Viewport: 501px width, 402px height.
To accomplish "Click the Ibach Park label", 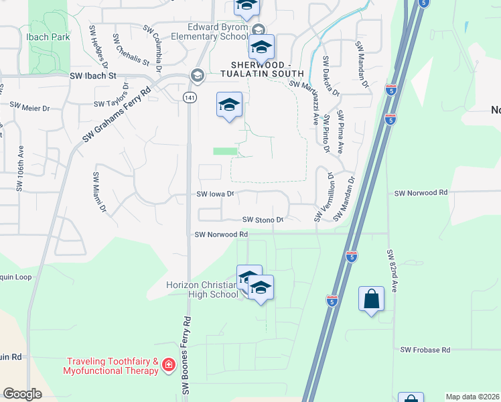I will coord(48,37).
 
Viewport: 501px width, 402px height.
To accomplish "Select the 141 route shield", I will coord(191,97).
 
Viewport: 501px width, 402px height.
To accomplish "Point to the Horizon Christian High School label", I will coord(202,289).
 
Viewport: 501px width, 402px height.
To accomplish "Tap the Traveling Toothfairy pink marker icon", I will coord(168,366).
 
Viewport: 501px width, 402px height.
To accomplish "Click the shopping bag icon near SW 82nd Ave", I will coord(371,299).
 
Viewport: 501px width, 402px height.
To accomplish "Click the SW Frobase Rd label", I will coord(426,350).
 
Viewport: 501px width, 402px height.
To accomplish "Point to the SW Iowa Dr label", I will coord(215,194).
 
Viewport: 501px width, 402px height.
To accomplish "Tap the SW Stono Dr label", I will coord(263,219).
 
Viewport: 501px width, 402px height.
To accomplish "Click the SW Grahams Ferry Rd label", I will coord(117,111).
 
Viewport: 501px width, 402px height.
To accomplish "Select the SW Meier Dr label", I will coord(29,107).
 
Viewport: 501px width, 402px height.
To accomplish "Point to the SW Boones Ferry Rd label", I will coord(187,355).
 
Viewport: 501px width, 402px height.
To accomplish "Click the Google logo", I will coord(22,393).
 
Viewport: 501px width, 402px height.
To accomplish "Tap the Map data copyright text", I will coord(472,397).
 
